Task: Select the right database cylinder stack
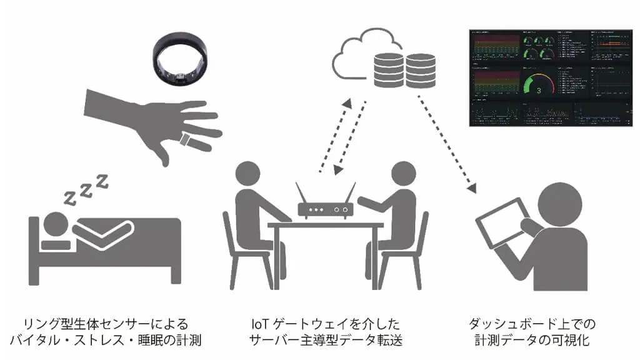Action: click(x=419, y=70)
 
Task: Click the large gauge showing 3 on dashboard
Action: click(x=539, y=89)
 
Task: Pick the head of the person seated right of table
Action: click(x=403, y=174)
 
